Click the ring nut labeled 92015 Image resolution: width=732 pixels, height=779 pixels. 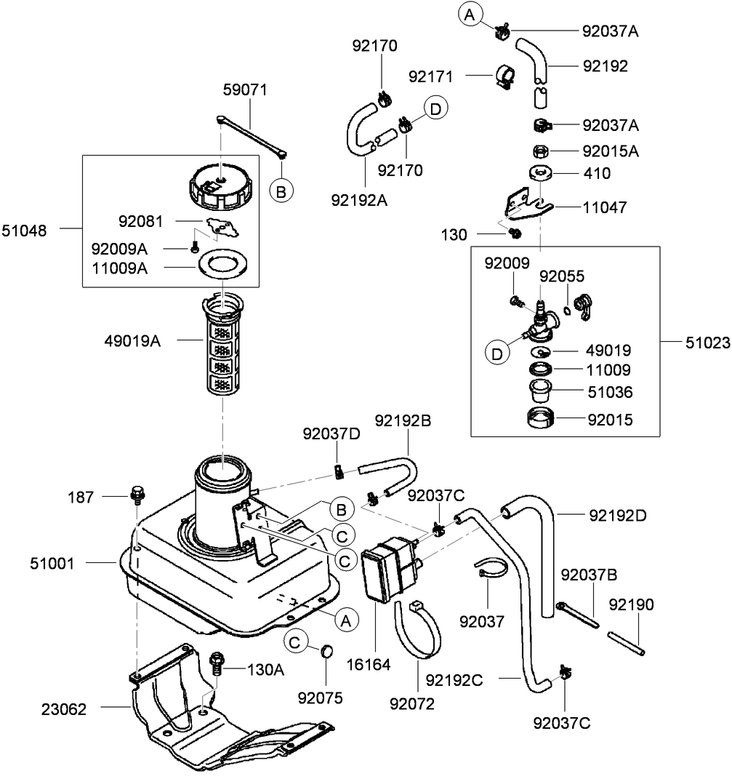pos(540,420)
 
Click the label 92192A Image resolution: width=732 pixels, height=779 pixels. pos(358,199)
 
